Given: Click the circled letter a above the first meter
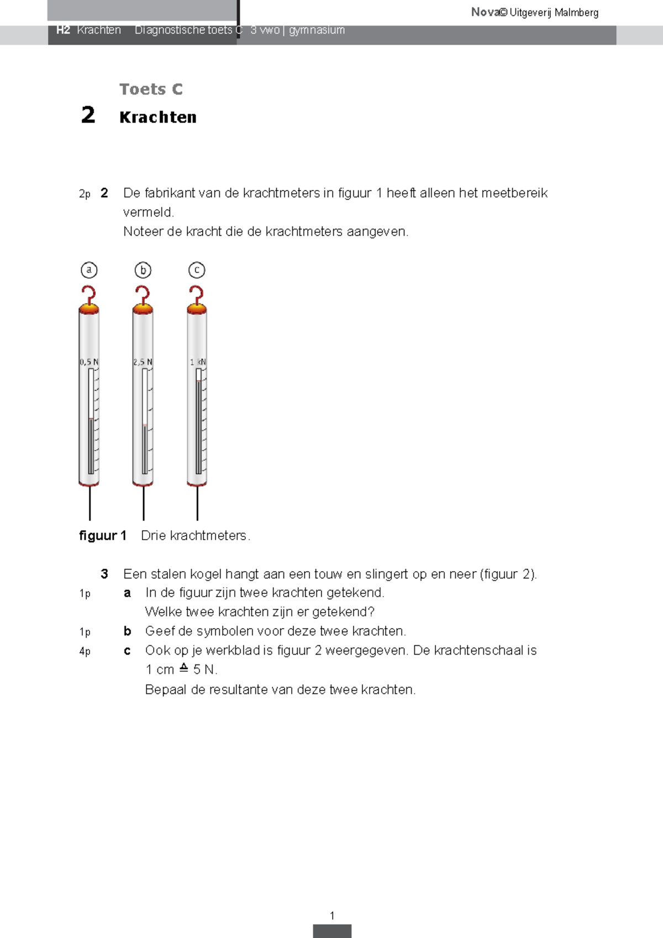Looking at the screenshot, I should click(x=89, y=270).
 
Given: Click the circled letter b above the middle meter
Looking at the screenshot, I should click(x=143, y=270).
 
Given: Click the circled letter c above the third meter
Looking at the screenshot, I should click(x=197, y=270).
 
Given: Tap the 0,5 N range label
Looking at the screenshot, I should click(x=89, y=362).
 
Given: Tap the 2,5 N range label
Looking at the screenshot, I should click(x=143, y=362).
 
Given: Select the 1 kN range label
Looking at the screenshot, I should click(x=198, y=362).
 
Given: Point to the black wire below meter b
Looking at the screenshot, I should click(x=144, y=504).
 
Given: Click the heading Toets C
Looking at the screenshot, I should click(x=151, y=89).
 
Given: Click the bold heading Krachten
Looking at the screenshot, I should click(x=158, y=117).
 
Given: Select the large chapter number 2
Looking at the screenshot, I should click(x=88, y=115).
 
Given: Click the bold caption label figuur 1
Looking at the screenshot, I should click(x=103, y=535).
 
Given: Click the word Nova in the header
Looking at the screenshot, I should click(x=485, y=12).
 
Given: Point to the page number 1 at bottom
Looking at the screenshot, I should click(x=332, y=915).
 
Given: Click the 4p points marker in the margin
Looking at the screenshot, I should click(x=85, y=651).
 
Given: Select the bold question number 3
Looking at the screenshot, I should click(x=104, y=574).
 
